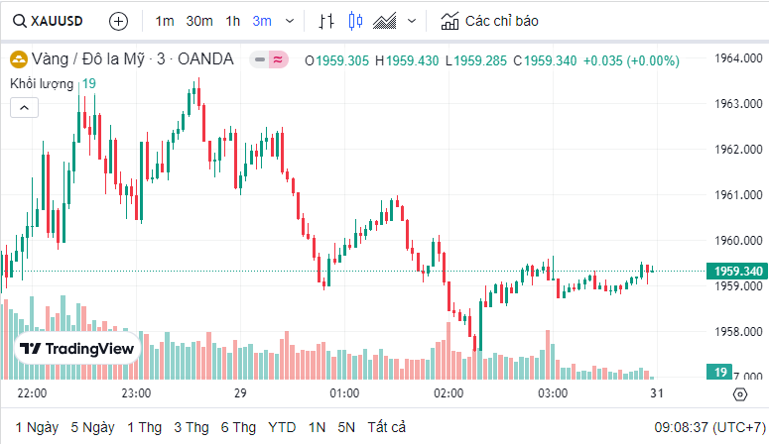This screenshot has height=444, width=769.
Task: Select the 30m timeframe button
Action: point(199,20)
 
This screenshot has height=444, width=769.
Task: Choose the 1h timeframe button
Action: point(232,20)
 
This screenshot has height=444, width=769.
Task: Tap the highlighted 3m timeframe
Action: point(262,20)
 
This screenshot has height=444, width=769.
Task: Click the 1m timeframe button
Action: point(165,20)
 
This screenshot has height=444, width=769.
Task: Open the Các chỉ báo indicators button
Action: point(490,20)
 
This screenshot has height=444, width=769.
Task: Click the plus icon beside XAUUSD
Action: point(118,20)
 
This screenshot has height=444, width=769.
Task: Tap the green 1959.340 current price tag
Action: point(735,271)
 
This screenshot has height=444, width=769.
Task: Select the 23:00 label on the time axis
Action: point(135,393)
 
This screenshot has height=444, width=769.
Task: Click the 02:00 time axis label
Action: point(449,393)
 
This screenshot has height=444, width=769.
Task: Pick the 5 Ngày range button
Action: point(92,427)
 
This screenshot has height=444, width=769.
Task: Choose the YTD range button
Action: point(282,427)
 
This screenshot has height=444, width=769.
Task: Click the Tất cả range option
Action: point(386,427)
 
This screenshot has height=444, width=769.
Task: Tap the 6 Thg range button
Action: point(238,427)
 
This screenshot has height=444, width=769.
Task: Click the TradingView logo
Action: point(76,349)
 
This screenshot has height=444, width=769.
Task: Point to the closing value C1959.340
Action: point(545,60)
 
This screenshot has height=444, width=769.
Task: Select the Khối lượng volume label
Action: point(44,83)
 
